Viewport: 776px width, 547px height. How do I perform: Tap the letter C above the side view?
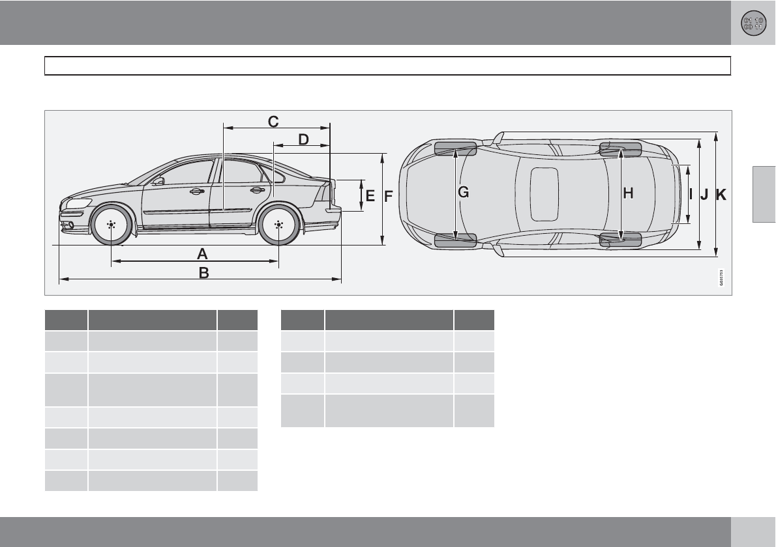coord(273,121)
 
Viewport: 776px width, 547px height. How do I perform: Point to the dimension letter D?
coord(303,139)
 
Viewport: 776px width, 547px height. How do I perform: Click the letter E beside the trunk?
coord(370,195)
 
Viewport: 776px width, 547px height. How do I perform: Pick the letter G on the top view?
coord(464,192)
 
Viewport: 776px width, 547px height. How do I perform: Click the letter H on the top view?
coord(628,193)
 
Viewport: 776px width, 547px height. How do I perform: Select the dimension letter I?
coord(691,193)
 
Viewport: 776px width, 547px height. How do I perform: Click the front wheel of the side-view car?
coord(111,225)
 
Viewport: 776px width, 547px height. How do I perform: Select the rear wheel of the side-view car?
coord(278,225)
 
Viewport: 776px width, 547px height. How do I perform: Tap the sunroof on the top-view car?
coord(544,193)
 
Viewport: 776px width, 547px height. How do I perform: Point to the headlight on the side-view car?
coord(78,203)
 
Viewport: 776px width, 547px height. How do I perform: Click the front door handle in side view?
coord(195,191)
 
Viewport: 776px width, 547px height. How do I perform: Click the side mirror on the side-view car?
coord(158,181)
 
